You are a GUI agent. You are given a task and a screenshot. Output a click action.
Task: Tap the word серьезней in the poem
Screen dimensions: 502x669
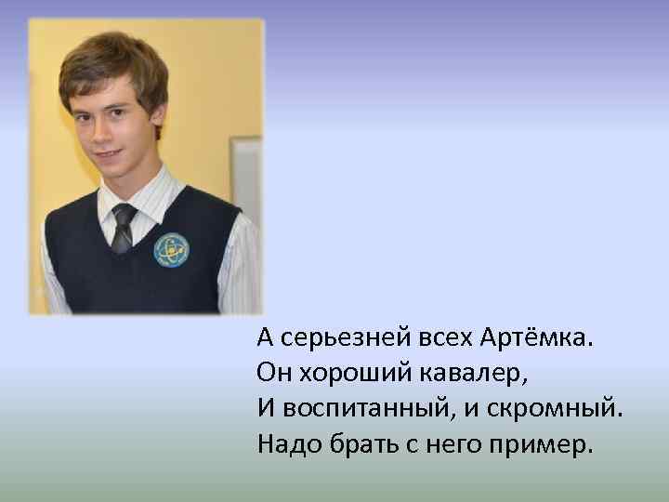329,337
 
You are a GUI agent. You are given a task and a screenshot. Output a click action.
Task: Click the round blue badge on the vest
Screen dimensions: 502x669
172,249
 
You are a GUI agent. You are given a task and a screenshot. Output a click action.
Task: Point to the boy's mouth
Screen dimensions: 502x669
109,152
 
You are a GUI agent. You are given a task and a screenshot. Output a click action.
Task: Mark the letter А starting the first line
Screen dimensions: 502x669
265,337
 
